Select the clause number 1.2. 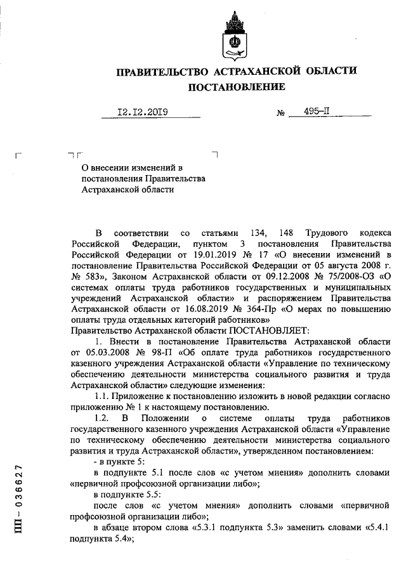point(101,419)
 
